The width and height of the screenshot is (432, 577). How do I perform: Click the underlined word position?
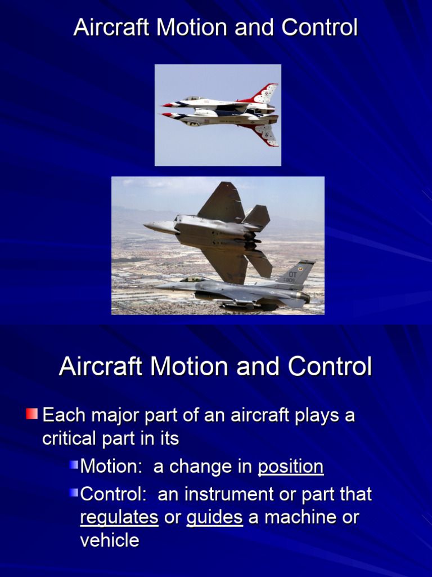pos(290,467)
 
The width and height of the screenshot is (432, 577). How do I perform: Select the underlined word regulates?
pos(119,517)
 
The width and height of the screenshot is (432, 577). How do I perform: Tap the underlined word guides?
pos(214,517)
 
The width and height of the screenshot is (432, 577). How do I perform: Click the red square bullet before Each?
pos(31,415)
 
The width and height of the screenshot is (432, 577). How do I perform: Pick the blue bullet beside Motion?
pos(74,465)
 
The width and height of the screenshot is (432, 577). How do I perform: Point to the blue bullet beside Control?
pos(74,493)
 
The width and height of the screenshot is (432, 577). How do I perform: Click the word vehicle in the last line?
pos(110,540)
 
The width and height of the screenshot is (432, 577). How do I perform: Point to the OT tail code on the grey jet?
pos(292,274)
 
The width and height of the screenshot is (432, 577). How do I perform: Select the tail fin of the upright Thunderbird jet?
pos(265,93)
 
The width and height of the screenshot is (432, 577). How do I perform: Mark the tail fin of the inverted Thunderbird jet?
pos(265,134)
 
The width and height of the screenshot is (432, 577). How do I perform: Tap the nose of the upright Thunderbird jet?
pos(164,105)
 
